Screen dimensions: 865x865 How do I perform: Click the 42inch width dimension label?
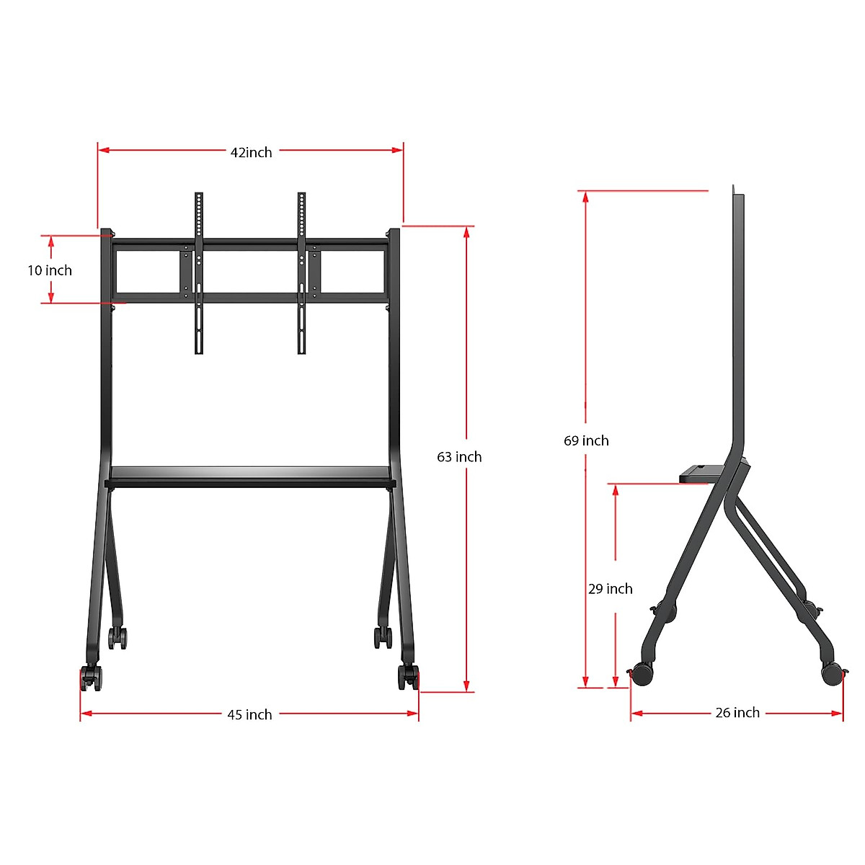(x=251, y=152)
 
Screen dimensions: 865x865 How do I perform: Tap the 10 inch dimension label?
(x=50, y=270)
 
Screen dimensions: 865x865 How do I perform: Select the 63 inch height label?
(x=459, y=457)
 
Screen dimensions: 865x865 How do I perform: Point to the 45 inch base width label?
(x=249, y=714)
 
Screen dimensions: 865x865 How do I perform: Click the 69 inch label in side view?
(x=586, y=440)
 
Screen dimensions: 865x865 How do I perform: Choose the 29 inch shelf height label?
(x=610, y=589)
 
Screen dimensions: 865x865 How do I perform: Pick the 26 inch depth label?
(x=737, y=713)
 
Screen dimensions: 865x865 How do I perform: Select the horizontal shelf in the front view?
(x=250, y=476)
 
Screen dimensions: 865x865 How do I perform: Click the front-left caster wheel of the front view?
(x=91, y=678)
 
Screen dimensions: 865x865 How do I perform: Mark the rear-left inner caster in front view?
(x=117, y=637)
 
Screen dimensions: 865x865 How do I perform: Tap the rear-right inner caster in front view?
(x=382, y=637)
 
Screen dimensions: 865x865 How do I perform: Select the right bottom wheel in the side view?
(x=832, y=673)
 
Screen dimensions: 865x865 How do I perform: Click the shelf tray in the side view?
(x=701, y=474)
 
